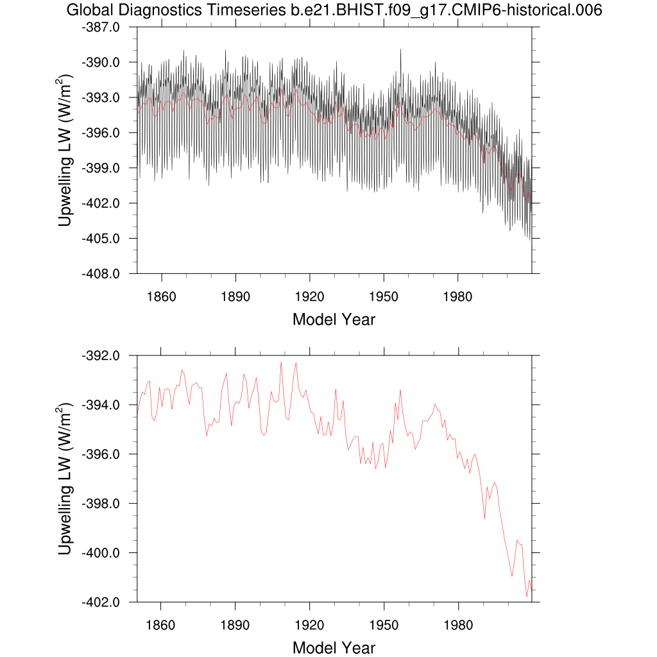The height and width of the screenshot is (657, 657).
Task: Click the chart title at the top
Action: [x=334, y=10]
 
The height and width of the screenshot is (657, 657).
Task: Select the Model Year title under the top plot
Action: [x=334, y=319]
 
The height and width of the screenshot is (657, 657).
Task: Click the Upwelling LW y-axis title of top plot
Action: [x=66, y=150]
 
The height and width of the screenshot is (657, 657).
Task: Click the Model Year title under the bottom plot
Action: [x=334, y=647]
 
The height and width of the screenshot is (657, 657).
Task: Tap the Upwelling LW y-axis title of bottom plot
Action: [x=66, y=479]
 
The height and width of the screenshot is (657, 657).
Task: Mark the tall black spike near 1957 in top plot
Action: [x=401, y=50]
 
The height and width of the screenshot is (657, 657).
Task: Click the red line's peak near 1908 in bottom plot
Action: [x=280, y=363]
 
